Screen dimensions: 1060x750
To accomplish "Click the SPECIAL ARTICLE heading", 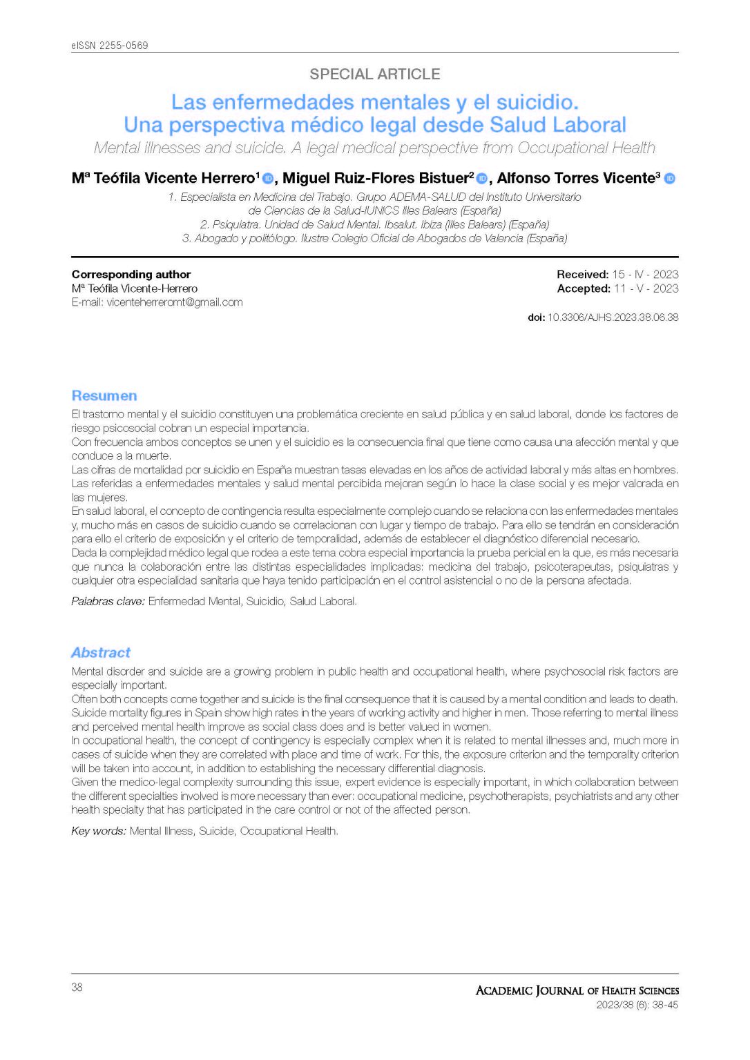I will click(x=374, y=75).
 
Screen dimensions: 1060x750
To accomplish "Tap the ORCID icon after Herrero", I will click(x=268, y=179).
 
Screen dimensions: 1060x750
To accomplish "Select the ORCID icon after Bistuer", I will click(x=482, y=179).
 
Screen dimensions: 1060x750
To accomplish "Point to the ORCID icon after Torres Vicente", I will click(x=669, y=179).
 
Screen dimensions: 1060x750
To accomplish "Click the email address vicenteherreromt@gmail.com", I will click(x=174, y=302).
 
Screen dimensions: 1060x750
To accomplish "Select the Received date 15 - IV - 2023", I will click(x=645, y=275).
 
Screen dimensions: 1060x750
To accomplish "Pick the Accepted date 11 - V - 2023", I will click(x=646, y=288).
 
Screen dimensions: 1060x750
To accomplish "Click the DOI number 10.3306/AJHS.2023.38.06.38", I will click(x=613, y=317).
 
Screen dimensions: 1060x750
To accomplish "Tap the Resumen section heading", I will click(x=104, y=395).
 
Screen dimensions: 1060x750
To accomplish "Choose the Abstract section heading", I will click(x=101, y=653).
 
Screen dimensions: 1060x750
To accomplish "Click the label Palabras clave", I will click(x=108, y=602).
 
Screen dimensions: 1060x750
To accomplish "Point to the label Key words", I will click(x=99, y=832).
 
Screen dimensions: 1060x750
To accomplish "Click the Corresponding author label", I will click(x=131, y=275).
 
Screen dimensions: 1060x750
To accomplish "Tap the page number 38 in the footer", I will click(x=77, y=988).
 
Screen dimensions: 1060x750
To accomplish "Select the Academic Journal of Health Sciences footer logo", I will click(x=577, y=991).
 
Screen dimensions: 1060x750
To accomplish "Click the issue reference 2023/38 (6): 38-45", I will click(x=637, y=1005).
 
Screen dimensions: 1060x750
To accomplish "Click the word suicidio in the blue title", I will click(x=536, y=103).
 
